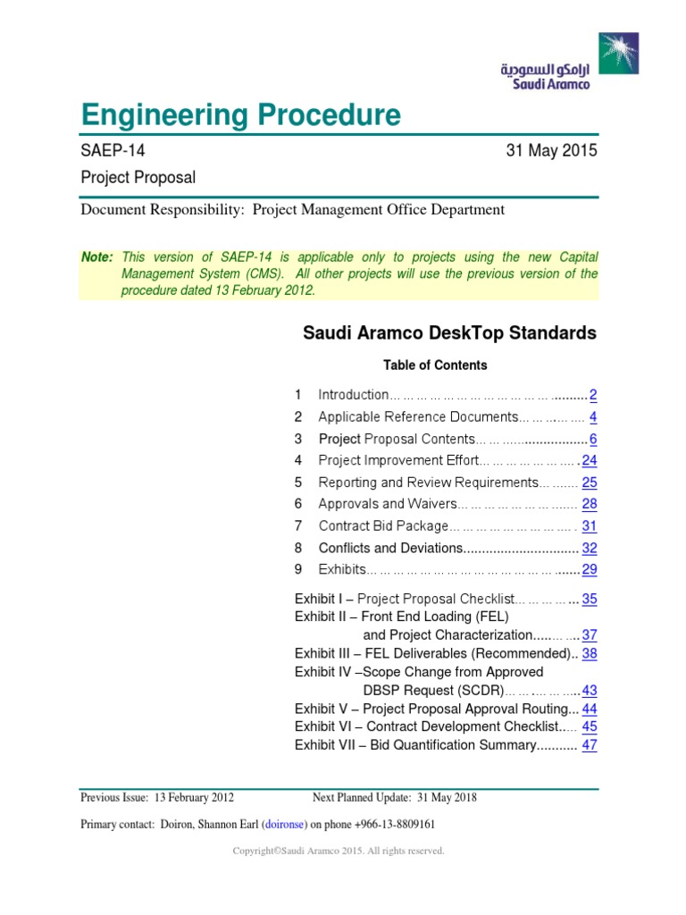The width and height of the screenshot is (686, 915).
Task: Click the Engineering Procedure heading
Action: click(x=240, y=115)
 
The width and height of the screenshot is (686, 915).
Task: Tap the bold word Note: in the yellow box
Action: click(x=97, y=257)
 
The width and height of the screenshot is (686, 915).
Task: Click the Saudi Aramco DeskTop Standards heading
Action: click(x=449, y=333)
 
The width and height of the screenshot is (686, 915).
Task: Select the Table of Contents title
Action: click(x=435, y=365)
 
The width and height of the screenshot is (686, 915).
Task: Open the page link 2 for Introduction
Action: click(x=593, y=395)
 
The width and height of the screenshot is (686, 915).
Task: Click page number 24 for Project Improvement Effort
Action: click(x=590, y=461)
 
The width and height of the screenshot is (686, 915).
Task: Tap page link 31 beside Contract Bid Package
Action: click(x=590, y=526)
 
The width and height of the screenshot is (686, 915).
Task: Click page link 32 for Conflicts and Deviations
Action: click(x=590, y=549)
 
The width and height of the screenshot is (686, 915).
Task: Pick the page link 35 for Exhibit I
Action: click(x=590, y=600)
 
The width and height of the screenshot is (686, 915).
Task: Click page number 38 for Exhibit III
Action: click(x=590, y=653)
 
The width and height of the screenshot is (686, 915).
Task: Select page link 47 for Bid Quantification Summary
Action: click(x=590, y=745)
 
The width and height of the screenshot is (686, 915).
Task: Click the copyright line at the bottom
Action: click(x=339, y=852)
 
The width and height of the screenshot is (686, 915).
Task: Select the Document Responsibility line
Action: click(x=292, y=210)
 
